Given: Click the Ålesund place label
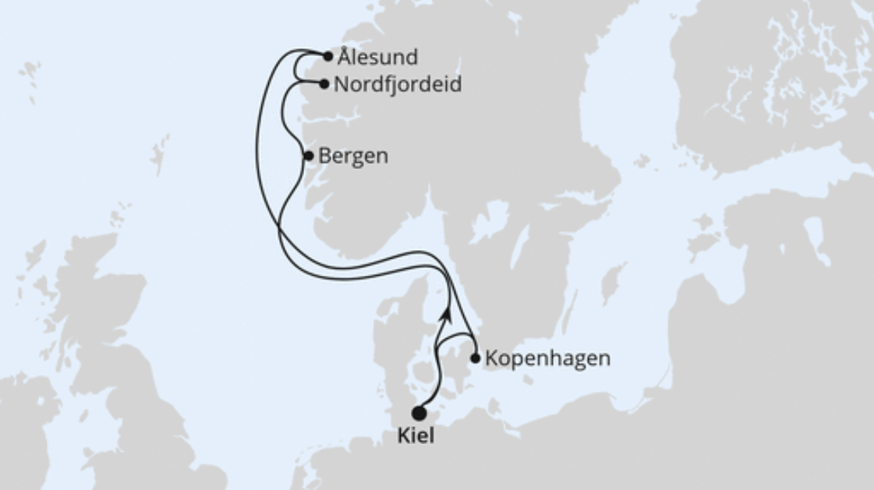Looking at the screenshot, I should coord(378,58).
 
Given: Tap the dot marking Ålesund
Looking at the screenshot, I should coord(328,56).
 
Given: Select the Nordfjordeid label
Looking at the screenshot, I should coord(397,84).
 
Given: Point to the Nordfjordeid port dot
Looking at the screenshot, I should coord(324,84).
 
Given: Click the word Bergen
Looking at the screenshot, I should coord(353,156).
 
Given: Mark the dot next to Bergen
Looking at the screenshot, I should coord(308,156).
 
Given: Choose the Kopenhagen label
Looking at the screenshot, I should coord(547,359).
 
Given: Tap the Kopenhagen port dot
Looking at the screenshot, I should coord(476,358).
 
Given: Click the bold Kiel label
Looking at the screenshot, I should coord(416,437).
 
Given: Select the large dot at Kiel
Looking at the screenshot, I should coord(419,413).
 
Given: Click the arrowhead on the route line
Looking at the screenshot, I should coord(447,312).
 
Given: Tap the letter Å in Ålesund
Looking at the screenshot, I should coord(345,57).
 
